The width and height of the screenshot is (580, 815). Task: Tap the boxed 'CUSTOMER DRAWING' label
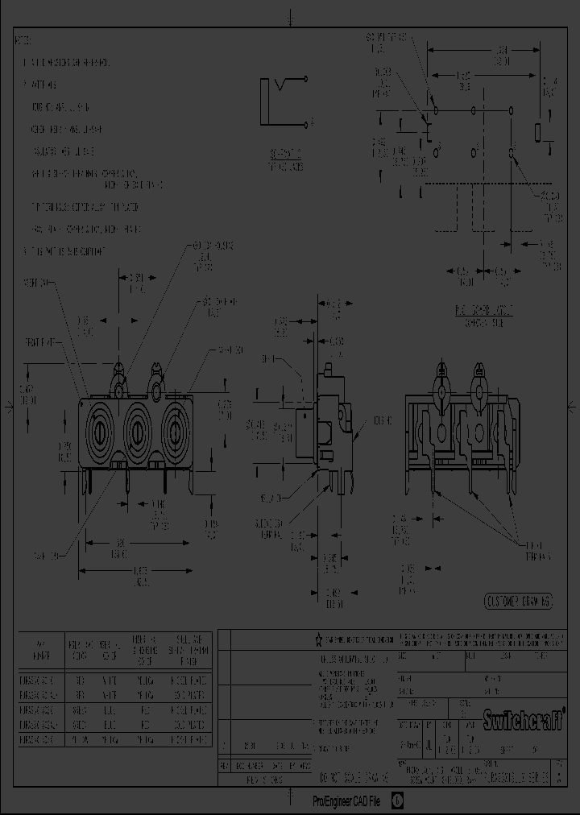(518, 601)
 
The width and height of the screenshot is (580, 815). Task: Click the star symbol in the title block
(318, 639)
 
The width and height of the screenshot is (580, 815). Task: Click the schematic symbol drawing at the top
(285, 102)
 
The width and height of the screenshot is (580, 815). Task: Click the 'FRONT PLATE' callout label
(39, 341)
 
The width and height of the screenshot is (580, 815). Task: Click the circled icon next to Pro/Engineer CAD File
(396, 801)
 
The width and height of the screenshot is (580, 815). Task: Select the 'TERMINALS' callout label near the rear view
(537, 555)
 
